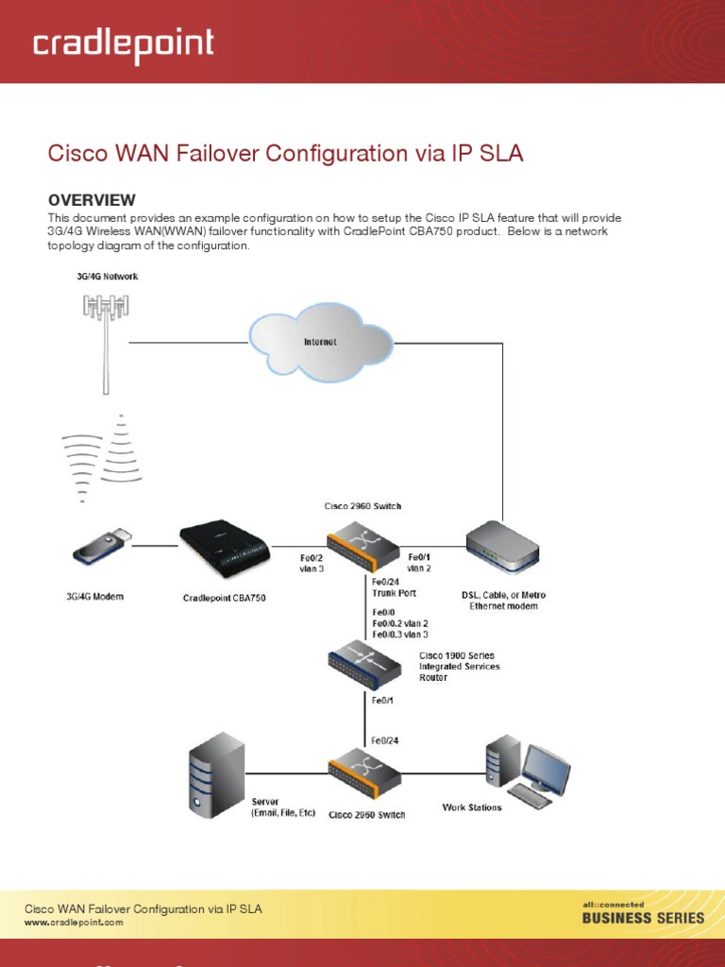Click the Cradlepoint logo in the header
tap(123, 44)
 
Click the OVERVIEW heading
tap(92, 200)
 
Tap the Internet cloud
tap(319, 341)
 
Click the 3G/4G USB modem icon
tap(99, 548)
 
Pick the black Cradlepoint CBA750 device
tap(225, 549)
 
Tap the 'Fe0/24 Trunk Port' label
tap(393, 587)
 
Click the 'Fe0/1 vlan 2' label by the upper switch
tap(419, 563)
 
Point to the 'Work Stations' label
tap(472, 807)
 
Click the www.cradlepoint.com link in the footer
tap(74, 922)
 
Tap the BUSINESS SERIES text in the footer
tap(643, 917)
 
